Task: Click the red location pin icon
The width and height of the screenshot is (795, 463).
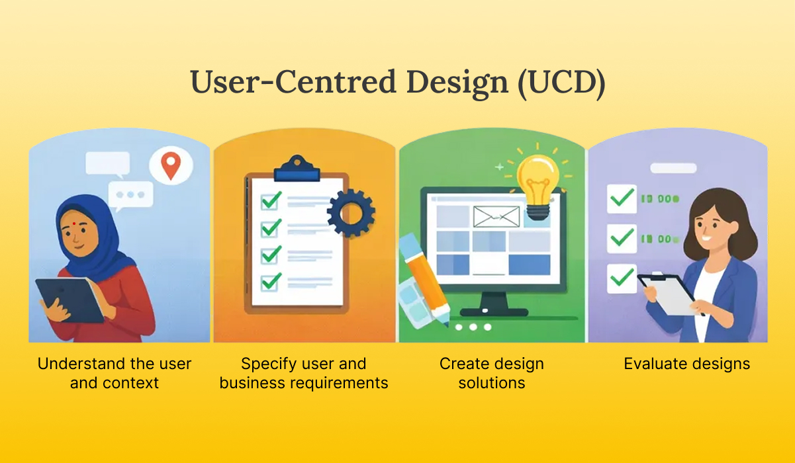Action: (171, 166)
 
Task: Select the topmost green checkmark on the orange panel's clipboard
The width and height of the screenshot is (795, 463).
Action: (271, 199)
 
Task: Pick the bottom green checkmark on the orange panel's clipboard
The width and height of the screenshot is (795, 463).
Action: (271, 281)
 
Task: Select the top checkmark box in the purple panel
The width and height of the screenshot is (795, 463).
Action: (622, 198)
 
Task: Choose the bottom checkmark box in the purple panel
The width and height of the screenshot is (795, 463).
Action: (622, 278)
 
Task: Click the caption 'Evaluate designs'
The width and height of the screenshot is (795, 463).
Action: (686, 364)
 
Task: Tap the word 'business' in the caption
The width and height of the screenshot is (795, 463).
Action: (254, 383)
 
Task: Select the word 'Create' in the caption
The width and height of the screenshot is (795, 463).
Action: (463, 364)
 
